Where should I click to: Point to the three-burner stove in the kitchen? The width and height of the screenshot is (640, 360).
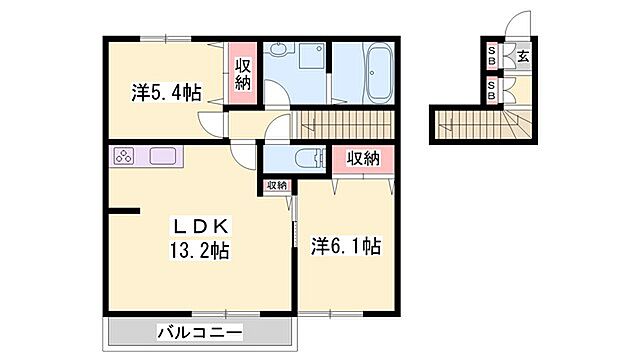pyautogui.click(x=125, y=157)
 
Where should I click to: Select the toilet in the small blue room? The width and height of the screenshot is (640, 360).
pyautogui.click(x=308, y=158)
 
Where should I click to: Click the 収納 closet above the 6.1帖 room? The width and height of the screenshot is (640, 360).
pyautogui.click(x=363, y=159)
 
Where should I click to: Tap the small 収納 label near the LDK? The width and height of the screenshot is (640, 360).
pyautogui.click(x=277, y=186)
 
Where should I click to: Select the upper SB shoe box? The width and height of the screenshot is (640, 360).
pyautogui.click(x=493, y=57)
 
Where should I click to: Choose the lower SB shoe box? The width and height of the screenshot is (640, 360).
pyautogui.click(x=493, y=87)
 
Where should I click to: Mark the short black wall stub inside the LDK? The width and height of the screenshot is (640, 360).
pyautogui.click(x=124, y=210)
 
